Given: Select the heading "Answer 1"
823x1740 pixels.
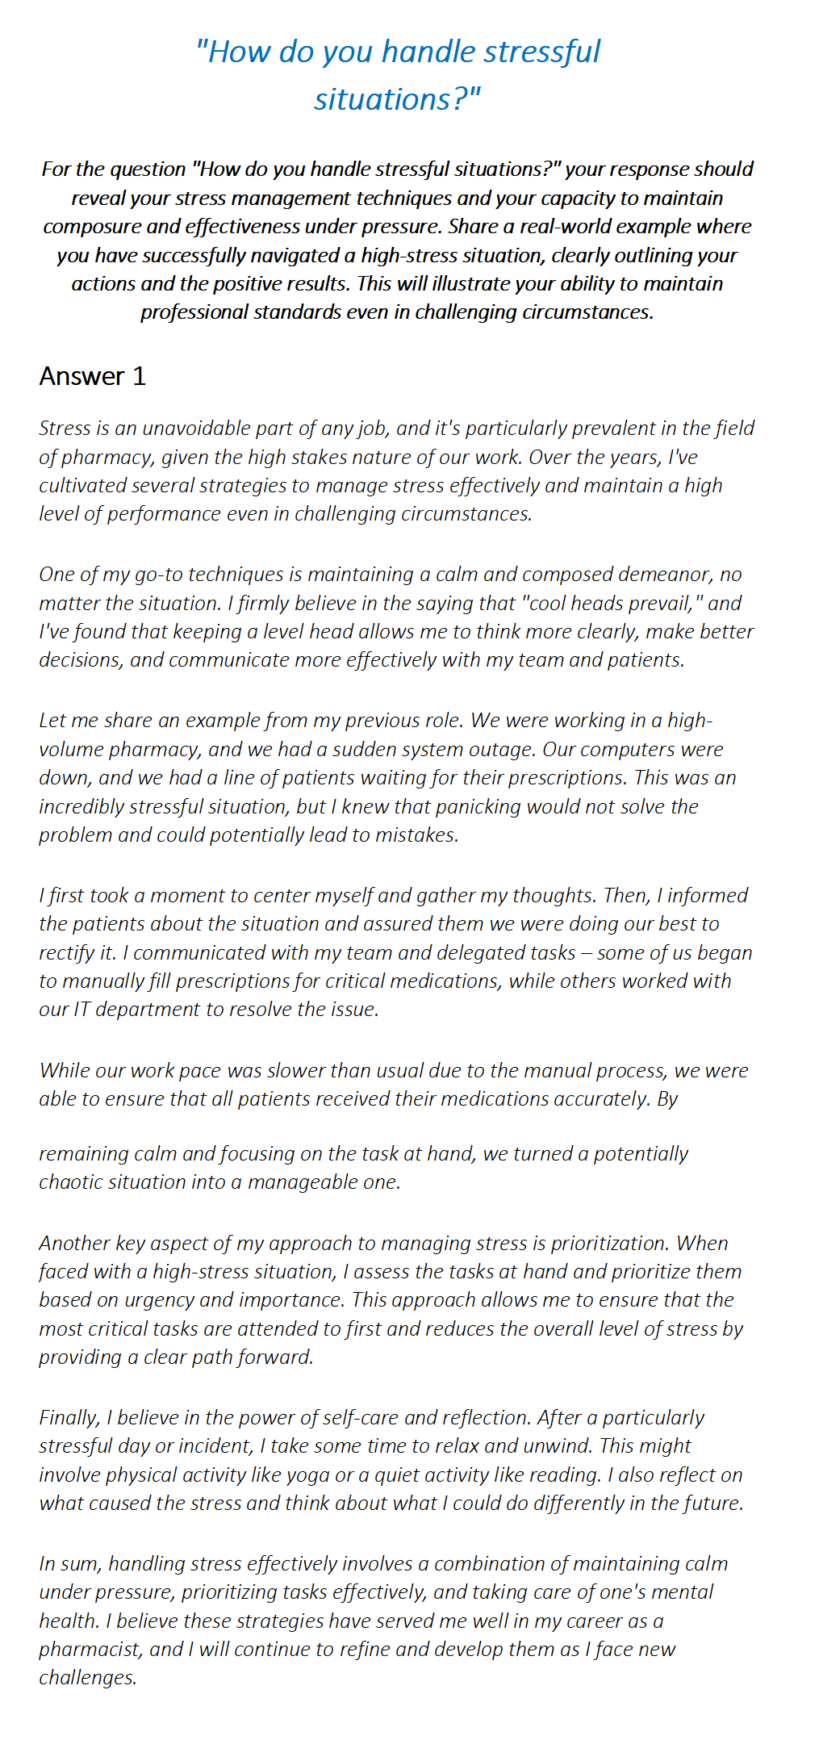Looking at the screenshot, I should coord(92,376).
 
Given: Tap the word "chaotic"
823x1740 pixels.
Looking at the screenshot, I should coord(72,1182).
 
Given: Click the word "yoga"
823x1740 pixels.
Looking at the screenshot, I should coord(307,1475).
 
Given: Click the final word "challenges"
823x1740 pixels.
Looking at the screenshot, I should coord(87,1678).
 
